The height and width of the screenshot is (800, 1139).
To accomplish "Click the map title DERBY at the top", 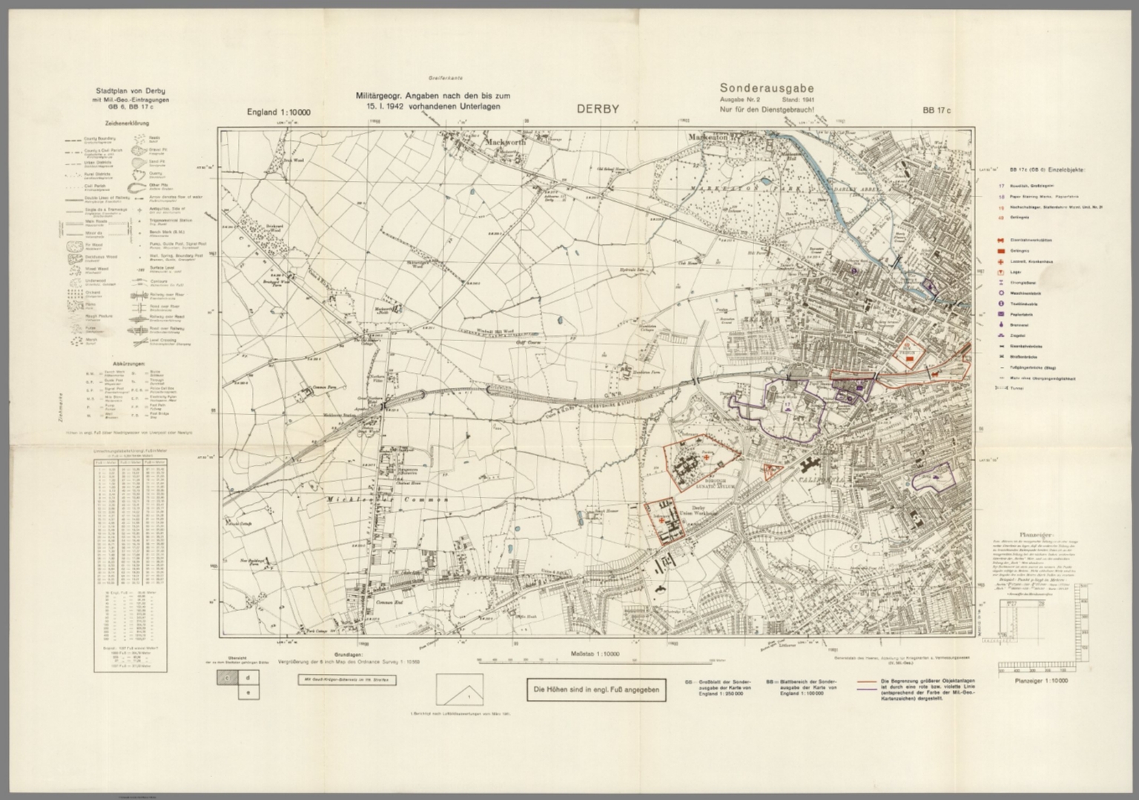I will click(x=598, y=110).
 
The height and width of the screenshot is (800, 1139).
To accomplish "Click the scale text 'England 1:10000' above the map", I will click(x=279, y=113).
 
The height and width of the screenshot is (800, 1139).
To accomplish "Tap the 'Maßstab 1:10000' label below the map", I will click(x=595, y=655).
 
